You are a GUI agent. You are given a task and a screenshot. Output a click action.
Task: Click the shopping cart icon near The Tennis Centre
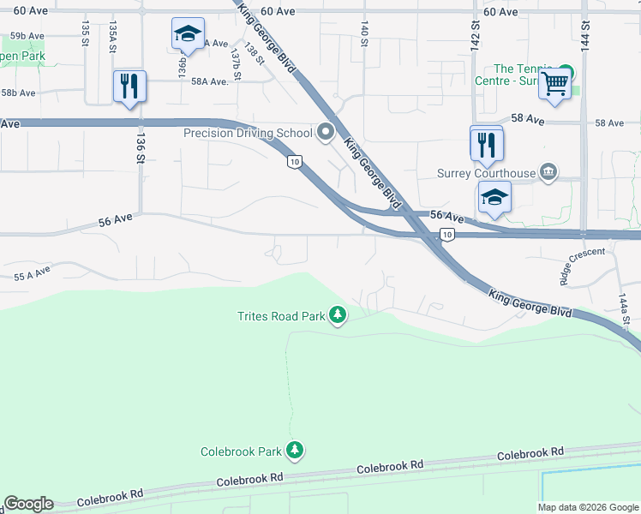555,84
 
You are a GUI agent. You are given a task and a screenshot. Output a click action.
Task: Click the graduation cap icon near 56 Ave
494,197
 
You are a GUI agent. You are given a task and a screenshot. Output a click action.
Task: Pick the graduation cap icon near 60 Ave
188,34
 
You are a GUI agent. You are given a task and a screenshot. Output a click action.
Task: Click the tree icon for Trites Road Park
338,316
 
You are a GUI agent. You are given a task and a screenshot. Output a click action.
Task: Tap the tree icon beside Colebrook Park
296,451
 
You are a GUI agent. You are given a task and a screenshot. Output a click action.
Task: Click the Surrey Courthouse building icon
548,173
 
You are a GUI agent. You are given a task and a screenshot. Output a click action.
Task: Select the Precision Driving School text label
248,133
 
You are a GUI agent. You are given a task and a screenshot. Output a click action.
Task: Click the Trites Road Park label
281,316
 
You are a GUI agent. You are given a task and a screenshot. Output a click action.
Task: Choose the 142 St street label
474,36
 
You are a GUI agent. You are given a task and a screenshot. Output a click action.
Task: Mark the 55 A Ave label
33,274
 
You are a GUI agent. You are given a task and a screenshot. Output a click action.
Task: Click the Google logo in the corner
28,504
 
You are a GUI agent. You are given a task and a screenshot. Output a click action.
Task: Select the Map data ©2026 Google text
588,507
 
